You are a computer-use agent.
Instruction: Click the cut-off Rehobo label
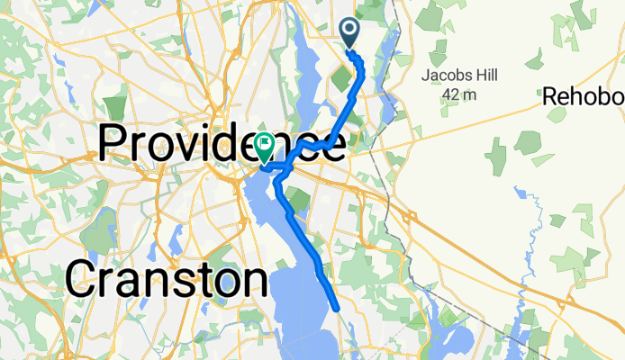coord(584,94)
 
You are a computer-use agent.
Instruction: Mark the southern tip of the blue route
coord(337,308)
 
